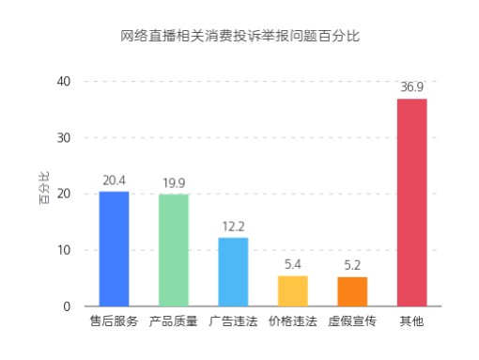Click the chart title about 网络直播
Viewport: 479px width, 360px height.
[x=240, y=37]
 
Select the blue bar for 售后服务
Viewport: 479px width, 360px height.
[x=114, y=249]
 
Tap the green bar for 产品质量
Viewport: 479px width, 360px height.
[x=174, y=250]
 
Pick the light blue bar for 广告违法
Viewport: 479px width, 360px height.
[x=233, y=272]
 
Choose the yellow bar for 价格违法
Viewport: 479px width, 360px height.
[x=293, y=290]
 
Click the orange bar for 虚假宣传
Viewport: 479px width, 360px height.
[x=352, y=291]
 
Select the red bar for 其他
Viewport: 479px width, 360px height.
[x=411, y=202]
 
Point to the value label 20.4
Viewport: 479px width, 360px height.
[x=114, y=180]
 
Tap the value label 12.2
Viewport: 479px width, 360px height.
[x=233, y=227]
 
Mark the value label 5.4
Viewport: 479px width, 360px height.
[x=293, y=264]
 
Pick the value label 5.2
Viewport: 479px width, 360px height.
[x=352, y=266]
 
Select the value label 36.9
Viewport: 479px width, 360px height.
[x=411, y=87]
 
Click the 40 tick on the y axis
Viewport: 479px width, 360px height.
[x=64, y=82]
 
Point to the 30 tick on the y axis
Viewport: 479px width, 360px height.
[x=64, y=137]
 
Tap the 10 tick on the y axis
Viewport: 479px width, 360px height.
[x=64, y=250]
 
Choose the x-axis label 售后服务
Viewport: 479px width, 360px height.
[x=114, y=321]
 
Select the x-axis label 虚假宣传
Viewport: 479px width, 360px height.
[x=352, y=321]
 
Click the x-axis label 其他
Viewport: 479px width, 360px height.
[x=411, y=321]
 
